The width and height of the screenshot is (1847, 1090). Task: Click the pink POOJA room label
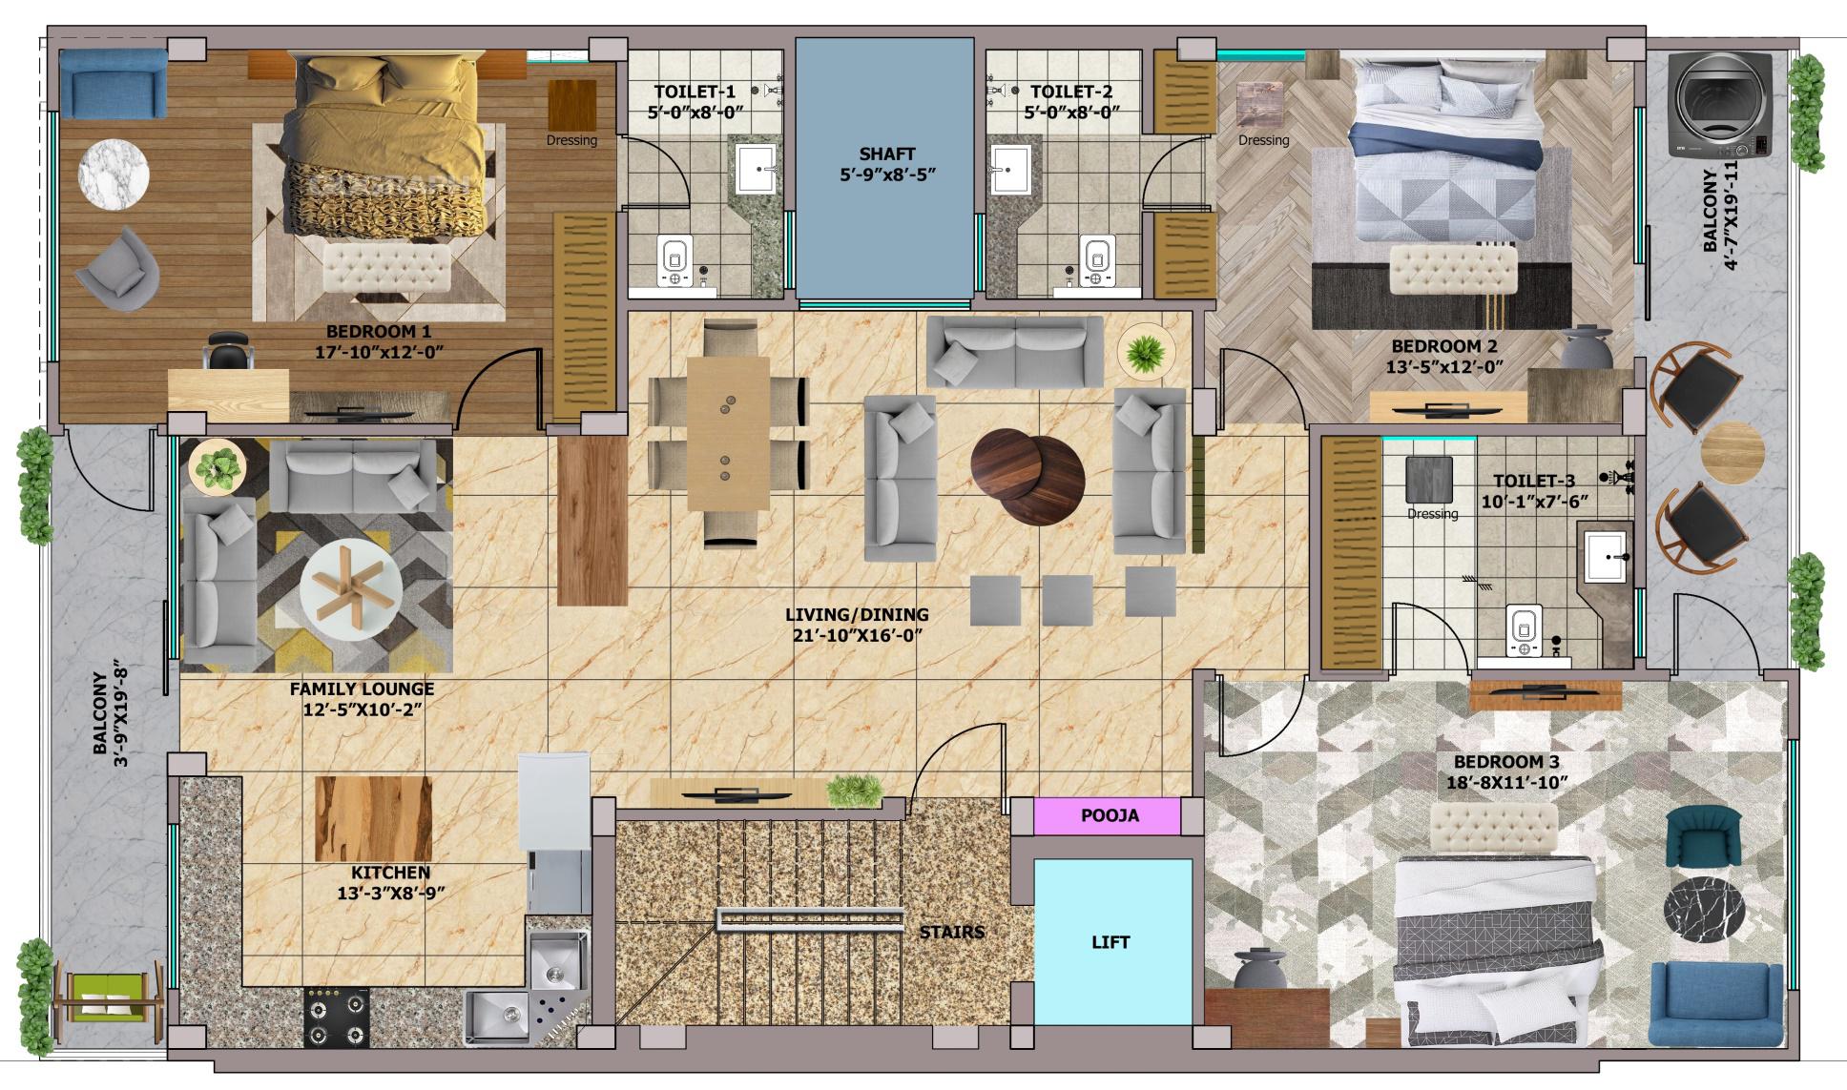pyautogui.click(x=1110, y=815)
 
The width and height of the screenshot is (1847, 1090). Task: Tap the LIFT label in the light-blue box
pyautogui.click(x=1110, y=942)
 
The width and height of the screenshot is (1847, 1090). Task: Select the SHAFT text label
pyautogui.click(x=886, y=154)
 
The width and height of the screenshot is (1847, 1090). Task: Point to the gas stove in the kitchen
pyautogui.click(x=337, y=1018)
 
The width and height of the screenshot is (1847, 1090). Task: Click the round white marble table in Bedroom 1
pyautogui.click(x=114, y=174)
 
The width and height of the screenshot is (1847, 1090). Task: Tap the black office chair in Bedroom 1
pyautogui.click(x=229, y=351)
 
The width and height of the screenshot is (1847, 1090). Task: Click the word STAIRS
pyautogui.click(x=951, y=932)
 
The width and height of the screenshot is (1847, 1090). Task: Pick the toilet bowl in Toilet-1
pyautogui.click(x=674, y=261)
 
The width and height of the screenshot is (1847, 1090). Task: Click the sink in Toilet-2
pyautogui.click(x=1010, y=170)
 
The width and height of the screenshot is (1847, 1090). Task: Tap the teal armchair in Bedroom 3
pyautogui.click(x=1703, y=836)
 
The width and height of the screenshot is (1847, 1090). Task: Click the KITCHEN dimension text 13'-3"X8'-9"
pyautogui.click(x=391, y=894)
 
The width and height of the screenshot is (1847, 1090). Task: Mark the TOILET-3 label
pyautogui.click(x=1534, y=481)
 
